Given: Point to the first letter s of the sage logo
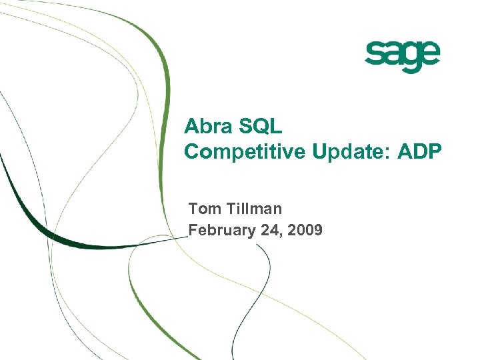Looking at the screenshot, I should [x=374, y=54].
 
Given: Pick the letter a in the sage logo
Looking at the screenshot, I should [x=393, y=54].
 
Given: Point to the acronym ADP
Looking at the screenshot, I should [x=419, y=152].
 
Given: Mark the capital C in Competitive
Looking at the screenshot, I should [x=192, y=152].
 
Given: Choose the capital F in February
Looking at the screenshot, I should [x=194, y=231].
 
